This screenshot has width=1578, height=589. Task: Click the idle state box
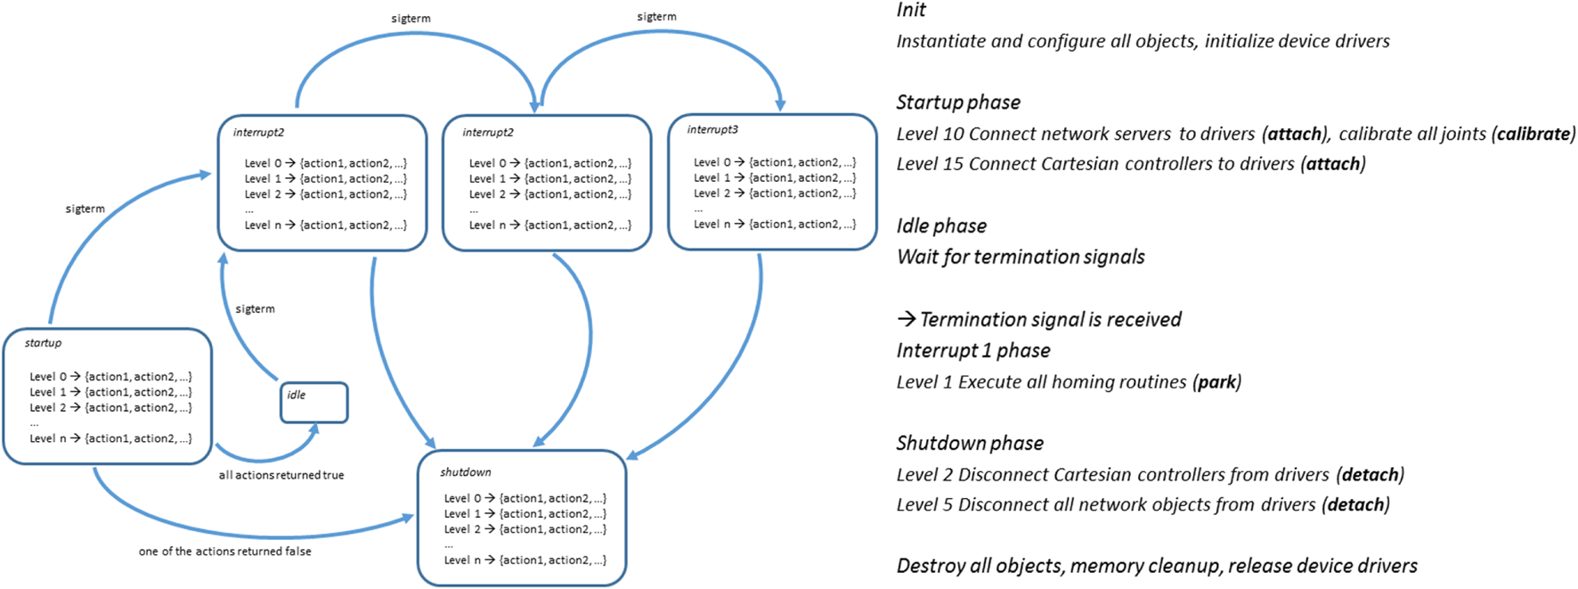tap(314, 403)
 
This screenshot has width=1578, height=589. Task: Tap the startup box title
tap(43, 343)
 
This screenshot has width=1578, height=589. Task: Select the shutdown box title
tap(465, 472)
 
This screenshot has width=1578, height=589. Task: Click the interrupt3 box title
tap(712, 130)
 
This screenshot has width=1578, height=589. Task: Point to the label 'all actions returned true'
tap(281, 476)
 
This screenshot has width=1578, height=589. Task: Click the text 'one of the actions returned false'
tap(224, 552)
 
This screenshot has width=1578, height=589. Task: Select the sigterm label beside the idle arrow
tap(255, 309)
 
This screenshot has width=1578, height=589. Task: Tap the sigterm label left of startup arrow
tap(85, 209)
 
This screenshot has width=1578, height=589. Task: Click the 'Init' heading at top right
tap(911, 11)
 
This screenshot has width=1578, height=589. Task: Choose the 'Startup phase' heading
tap(958, 102)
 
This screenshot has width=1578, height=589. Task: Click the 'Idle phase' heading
tap(941, 226)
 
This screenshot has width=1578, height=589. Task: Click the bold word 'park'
tap(1216, 382)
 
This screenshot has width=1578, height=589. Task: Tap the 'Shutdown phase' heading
tap(970, 444)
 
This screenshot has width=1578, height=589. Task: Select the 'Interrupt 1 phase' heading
tap(973, 350)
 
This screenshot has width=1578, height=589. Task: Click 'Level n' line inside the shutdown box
tap(525, 560)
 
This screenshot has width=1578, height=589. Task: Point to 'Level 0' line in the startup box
tap(110, 377)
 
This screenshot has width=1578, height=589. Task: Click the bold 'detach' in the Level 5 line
tap(1355, 505)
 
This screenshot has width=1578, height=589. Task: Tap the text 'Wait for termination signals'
tap(1021, 258)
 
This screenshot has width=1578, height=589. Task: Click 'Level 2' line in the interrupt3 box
tap(774, 193)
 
